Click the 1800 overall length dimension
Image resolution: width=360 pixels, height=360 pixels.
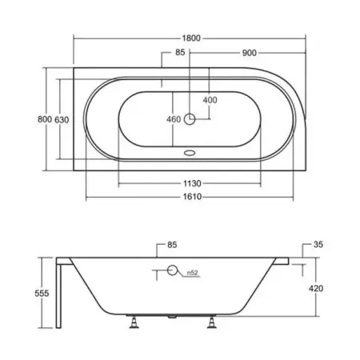(x=191, y=38)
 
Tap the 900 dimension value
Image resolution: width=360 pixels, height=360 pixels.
(x=250, y=53)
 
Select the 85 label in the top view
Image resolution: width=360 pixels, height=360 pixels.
(x=180, y=52)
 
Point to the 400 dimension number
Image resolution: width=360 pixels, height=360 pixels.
(x=210, y=100)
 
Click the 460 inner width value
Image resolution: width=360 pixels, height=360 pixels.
(x=174, y=119)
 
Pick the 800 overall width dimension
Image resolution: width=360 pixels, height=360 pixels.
(x=45, y=119)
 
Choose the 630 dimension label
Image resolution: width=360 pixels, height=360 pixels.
(x=62, y=120)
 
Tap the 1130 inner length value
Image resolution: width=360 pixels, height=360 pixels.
(x=192, y=183)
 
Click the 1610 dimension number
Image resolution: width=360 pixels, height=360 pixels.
(x=192, y=197)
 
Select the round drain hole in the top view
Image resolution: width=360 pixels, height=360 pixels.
(x=190, y=119)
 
